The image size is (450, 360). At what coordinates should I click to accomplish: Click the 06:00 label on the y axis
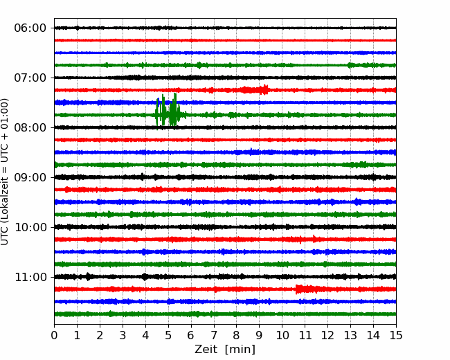click(x=30, y=28)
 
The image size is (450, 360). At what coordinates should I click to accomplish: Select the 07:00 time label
click(x=30, y=78)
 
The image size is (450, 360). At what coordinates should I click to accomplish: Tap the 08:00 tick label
click(x=30, y=127)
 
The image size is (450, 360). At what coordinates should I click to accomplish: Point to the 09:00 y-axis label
click(x=30, y=177)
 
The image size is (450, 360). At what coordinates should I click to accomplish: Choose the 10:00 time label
click(x=30, y=227)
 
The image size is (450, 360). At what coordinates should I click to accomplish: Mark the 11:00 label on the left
click(x=30, y=277)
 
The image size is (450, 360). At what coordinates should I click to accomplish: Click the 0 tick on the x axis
click(x=54, y=335)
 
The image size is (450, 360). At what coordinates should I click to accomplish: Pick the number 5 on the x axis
click(x=168, y=335)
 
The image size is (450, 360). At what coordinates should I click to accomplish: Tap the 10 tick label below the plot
click(x=282, y=335)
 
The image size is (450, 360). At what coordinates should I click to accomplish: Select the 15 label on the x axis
click(x=396, y=335)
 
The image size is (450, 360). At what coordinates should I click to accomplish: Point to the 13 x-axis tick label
click(x=350, y=335)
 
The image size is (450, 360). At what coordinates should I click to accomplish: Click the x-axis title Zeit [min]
click(x=225, y=350)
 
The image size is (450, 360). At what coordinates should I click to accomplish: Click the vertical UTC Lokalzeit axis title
click(x=5, y=172)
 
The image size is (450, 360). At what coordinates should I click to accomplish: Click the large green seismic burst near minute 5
click(x=170, y=111)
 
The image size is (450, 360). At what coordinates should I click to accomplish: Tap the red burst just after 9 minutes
click(x=264, y=89)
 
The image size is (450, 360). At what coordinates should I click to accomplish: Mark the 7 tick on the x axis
click(x=214, y=335)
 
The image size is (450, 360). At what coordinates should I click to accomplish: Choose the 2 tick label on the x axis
click(x=100, y=335)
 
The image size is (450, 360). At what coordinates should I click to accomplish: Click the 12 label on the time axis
click(x=327, y=335)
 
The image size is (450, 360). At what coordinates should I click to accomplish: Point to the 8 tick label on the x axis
click(x=237, y=335)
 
